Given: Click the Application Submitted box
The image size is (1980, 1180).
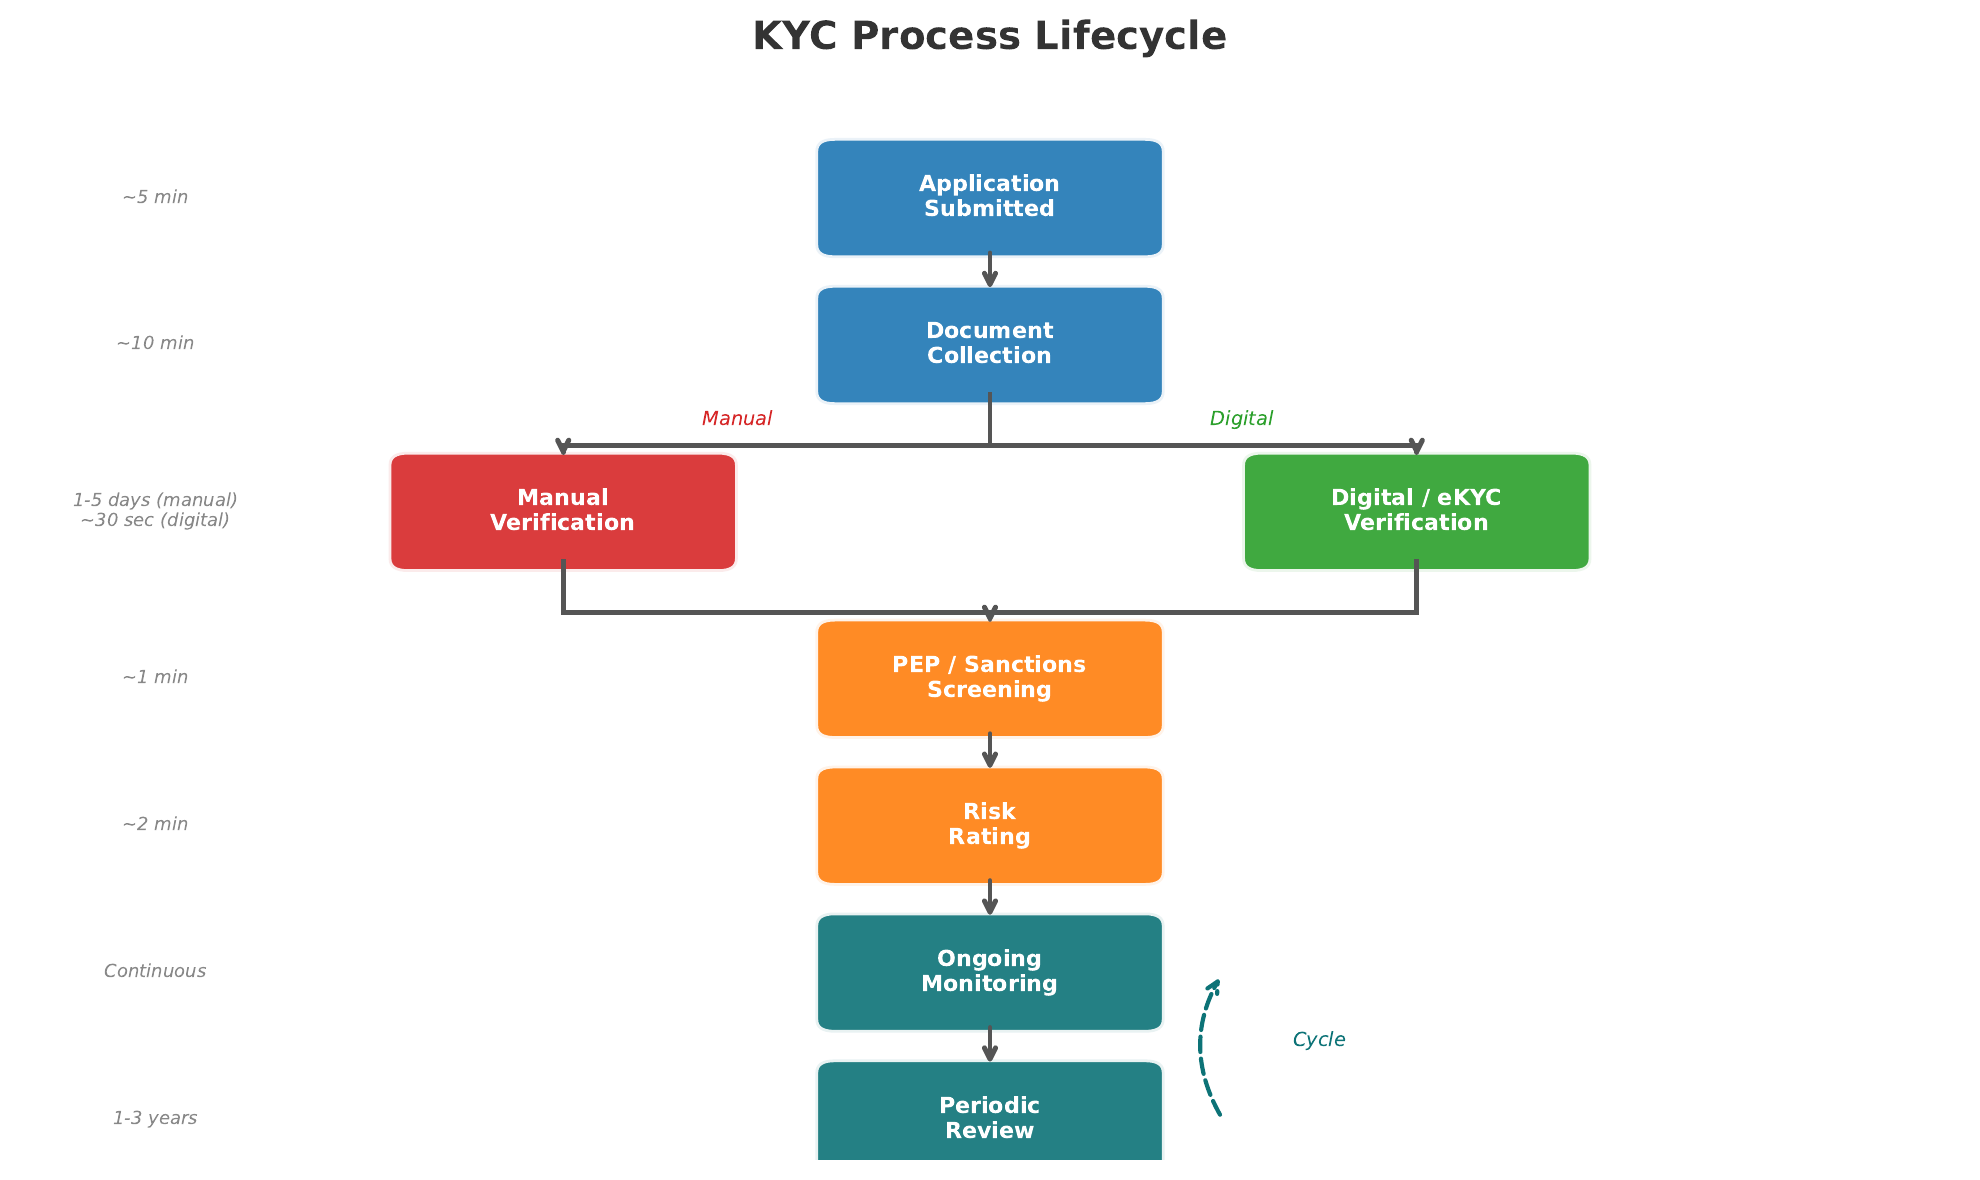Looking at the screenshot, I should point(989,197).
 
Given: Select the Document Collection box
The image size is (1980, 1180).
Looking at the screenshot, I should point(989,344).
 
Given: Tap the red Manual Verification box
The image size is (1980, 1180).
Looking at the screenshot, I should point(563,511).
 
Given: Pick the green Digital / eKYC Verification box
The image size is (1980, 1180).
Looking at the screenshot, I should point(1416,511).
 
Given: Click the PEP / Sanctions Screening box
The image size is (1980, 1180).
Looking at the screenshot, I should point(989,678).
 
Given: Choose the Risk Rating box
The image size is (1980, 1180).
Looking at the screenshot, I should point(989,825).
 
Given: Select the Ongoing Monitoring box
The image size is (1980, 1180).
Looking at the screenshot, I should point(989,972).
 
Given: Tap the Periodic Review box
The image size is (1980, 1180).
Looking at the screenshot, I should point(989,1115).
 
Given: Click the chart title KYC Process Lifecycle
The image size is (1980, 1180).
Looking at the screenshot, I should point(989,37).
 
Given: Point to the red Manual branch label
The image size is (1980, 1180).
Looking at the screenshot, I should point(736,419).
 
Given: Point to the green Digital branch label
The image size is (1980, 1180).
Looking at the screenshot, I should point(1241,419).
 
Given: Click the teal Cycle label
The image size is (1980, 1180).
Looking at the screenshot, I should point(1318,1040).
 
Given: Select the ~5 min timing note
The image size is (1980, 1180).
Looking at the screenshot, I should point(155,198).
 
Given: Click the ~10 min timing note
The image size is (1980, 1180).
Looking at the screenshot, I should point(155,344).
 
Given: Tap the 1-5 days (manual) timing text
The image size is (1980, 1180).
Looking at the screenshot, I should point(155,500).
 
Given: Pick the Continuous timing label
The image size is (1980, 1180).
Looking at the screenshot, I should point(155,972).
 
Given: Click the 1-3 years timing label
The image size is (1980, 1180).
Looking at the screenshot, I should point(155,1119).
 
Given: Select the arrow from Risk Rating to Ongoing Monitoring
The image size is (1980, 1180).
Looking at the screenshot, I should point(989,898).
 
